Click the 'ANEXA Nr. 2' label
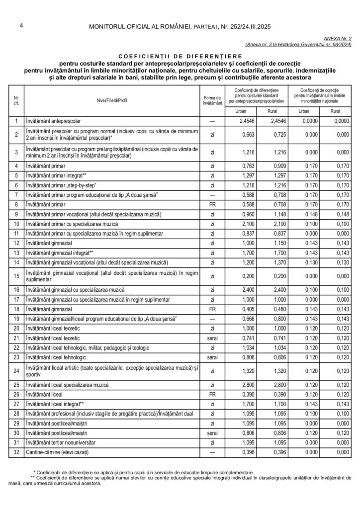[337, 38]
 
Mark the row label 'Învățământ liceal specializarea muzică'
[67, 385]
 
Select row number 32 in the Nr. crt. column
[16, 452]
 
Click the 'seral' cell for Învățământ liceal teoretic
[212, 338]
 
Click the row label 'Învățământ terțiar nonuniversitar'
[61, 442]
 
